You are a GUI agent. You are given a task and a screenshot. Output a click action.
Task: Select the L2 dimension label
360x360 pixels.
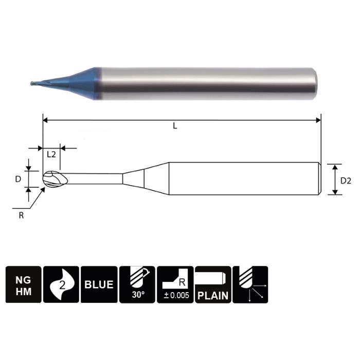pyautogui.click(x=51, y=154)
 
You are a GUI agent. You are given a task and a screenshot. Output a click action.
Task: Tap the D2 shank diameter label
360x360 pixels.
pyautogui.click(x=346, y=180)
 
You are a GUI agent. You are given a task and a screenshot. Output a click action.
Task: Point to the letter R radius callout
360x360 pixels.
pyautogui.click(x=21, y=215)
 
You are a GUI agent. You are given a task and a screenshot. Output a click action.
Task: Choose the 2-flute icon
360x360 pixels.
pyautogui.click(x=61, y=284)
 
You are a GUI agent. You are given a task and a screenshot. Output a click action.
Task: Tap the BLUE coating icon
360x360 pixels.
pyautogui.click(x=99, y=284)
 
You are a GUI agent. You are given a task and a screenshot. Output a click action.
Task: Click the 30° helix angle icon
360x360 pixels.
pyautogui.click(x=137, y=284)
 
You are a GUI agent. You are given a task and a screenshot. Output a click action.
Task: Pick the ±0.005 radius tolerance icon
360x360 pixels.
pyautogui.click(x=175, y=284)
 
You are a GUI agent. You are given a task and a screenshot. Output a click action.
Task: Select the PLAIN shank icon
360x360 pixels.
pyautogui.click(x=213, y=284)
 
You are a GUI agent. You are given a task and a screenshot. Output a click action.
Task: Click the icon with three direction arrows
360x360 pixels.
pyautogui.click(x=250, y=284)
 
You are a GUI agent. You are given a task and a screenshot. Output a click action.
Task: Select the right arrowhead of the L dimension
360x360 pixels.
pyautogui.click(x=318, y=120)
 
